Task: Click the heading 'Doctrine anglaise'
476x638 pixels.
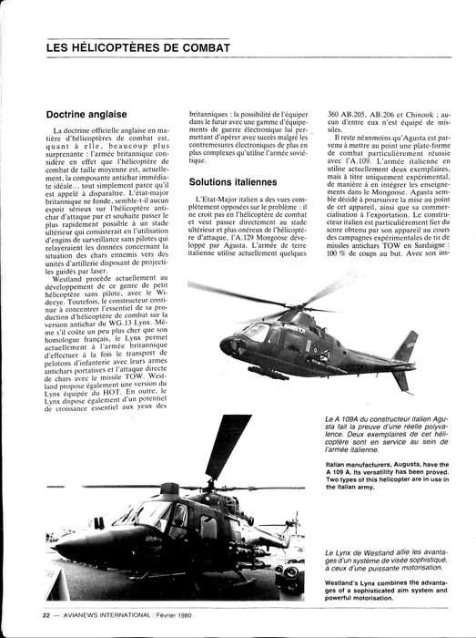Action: pyautogui.click(x=88, y=115)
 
